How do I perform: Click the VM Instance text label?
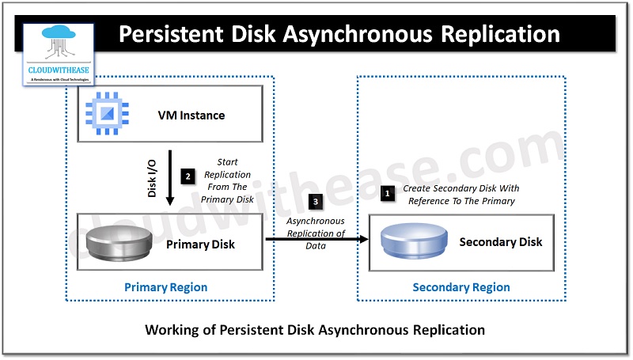click(x=190, y=116)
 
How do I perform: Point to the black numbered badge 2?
click(x=187, y=176)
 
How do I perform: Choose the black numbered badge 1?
click(x=387, y=192)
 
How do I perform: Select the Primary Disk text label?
click(x=201, y=244)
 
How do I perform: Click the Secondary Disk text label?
click(x=501, y=241)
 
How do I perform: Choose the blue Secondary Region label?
click(x=461, y=287)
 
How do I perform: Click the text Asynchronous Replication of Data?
click(x=316, y=233)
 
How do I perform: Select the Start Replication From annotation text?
click(x=228, y=181)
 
